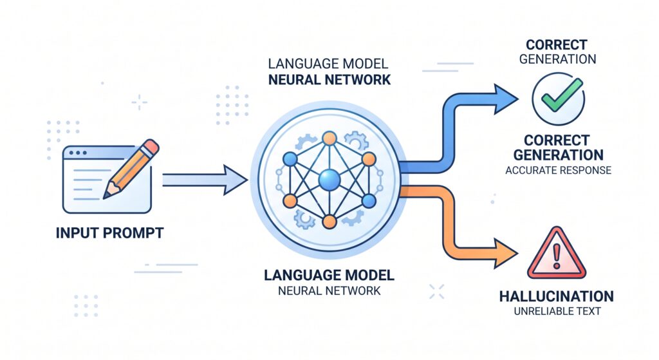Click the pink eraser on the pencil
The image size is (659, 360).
151,147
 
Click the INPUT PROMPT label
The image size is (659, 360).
109,233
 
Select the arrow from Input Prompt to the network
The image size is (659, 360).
205,180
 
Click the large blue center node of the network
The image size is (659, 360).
329,180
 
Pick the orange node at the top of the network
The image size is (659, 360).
329,138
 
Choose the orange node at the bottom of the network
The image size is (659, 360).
329,222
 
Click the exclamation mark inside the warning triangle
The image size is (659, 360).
557,256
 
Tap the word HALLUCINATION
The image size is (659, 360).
557,296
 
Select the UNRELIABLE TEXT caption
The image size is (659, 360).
557,312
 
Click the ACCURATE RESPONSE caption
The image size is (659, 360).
558,170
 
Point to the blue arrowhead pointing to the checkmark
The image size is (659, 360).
505,99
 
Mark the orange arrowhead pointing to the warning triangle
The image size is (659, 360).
505,253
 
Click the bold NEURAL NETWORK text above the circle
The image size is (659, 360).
329,80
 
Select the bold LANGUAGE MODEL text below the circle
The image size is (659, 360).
329,276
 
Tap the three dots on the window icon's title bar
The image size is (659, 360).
78,153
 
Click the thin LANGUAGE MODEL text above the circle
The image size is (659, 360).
328,64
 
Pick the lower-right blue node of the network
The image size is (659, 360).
369,201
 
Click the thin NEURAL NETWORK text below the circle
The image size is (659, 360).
329,290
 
